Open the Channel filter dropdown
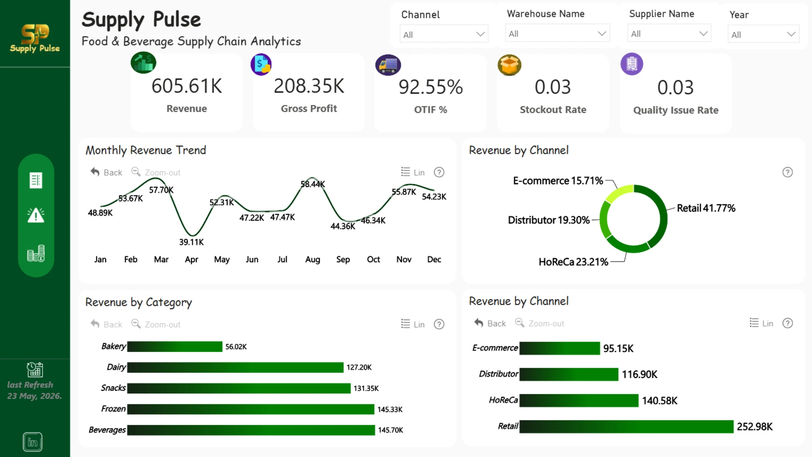click(444, 34)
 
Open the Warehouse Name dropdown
click(557, 33)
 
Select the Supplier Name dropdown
click(669, 33)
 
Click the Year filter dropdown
click(763, 34)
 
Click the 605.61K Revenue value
click(187, 86)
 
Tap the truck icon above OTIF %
click(388, 65)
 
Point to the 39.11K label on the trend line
click(191, 242)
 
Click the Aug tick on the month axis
click(313, 259)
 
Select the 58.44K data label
click(313, 184)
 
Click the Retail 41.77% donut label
click(706, 208)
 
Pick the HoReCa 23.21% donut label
click(573, 262)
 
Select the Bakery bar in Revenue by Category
click(175, 347)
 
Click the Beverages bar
click(251, 430)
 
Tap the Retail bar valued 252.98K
click(626, 427)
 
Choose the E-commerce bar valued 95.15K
click(560, 348)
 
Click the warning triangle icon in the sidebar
click(36, 215)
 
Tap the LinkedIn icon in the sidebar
click(33, 442)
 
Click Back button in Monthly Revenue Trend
click(106, 172)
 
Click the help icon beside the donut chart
click(787, 172)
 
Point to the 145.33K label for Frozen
click(390, 409)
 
